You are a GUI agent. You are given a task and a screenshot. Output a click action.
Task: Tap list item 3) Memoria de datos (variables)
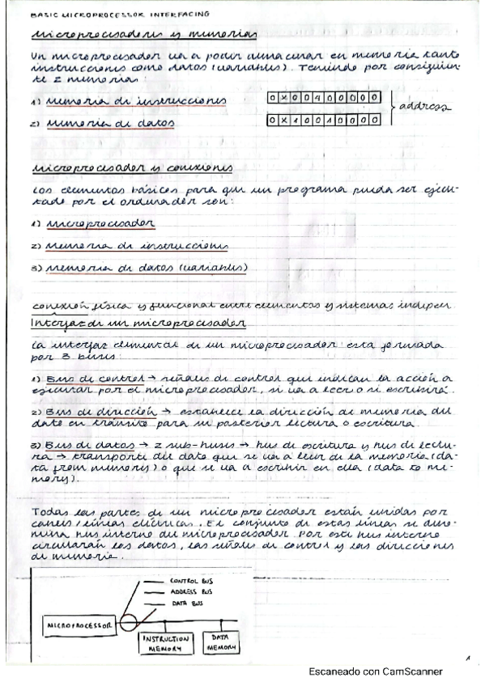[138, 267]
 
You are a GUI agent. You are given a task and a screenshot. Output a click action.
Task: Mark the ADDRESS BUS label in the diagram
[189, 592]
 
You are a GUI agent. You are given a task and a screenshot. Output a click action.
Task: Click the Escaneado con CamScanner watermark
[376, 671]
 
